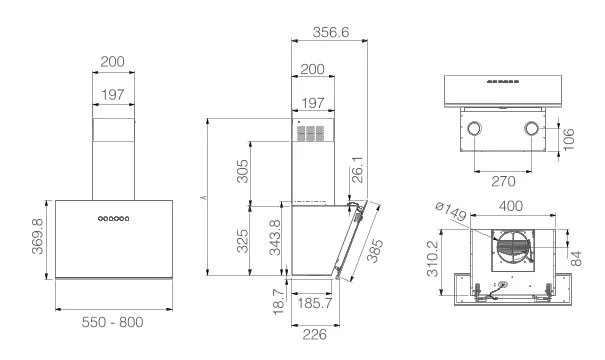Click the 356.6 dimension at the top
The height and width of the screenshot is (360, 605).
pos(331,32)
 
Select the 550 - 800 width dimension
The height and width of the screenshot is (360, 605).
pos(112,322)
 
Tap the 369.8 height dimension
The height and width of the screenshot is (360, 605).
pos(38,236)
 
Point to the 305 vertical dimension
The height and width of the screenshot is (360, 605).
pos(243,171)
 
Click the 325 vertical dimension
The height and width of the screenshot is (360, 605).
pos(243,241)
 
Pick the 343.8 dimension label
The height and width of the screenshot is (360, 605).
pos(275,238)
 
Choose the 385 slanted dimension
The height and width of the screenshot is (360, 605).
pos(375,251)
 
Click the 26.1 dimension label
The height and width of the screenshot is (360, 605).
pos(358,169)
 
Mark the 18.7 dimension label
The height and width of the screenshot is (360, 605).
pos(279,302)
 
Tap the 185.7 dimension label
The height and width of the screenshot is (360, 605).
pos(314,303)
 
